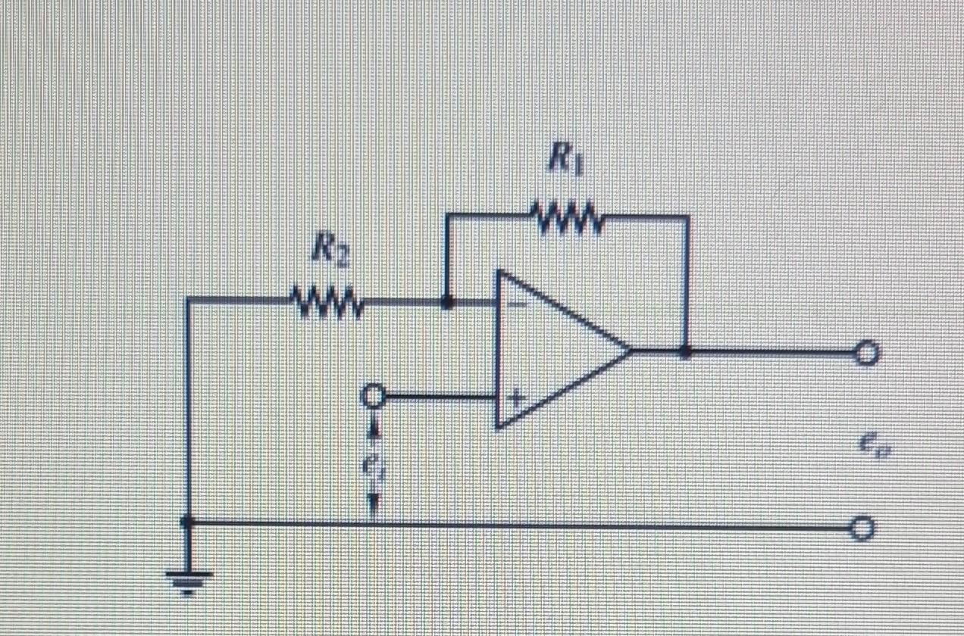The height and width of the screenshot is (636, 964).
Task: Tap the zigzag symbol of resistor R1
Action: pos(568,219)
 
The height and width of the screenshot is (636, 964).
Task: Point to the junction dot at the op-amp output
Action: pos(687,352)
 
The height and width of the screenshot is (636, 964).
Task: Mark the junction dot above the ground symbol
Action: pos(189,522)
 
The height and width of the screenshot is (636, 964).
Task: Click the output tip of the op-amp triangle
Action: pos(631,351)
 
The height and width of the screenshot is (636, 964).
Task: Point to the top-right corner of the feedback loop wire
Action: pos(687,218)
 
